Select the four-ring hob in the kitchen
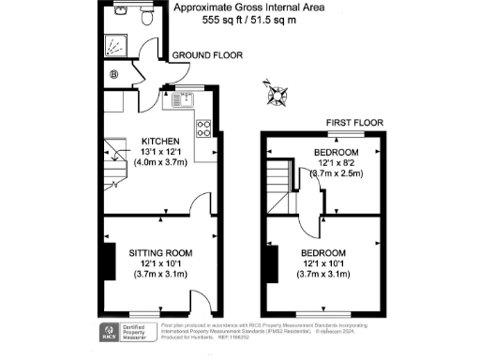point(202,128)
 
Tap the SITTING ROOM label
point(159,252)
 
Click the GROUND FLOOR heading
point(206,56)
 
